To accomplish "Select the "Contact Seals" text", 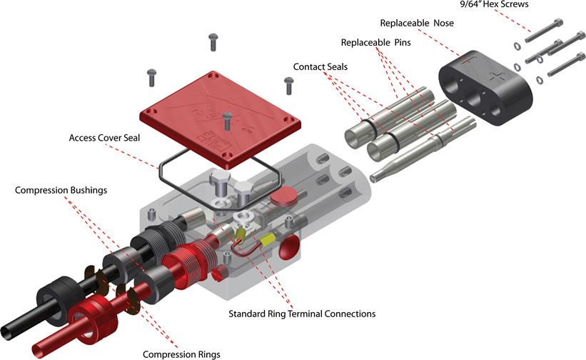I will tap(321, 66).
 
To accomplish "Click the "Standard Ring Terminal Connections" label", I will tap(301, 314).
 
